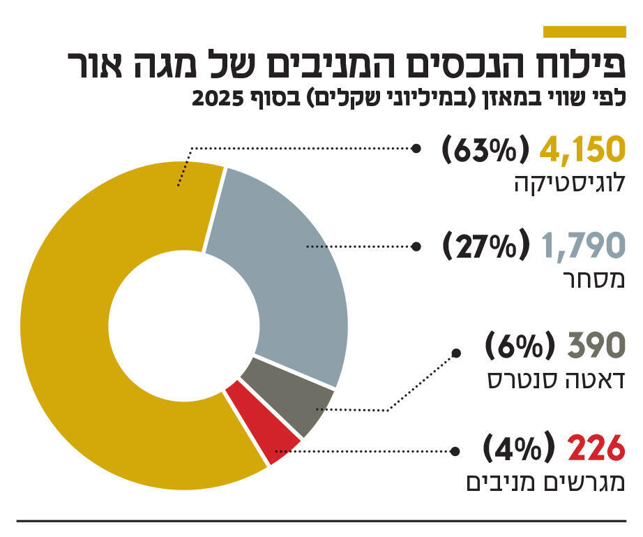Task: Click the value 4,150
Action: pos(578,149)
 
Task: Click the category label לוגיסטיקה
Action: pos(568,185)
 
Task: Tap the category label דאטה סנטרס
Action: pos(554,381)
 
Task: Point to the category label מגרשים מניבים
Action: pos(544,483)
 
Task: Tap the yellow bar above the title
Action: pos(584,31)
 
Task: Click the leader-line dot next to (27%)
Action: pos(416,246)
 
